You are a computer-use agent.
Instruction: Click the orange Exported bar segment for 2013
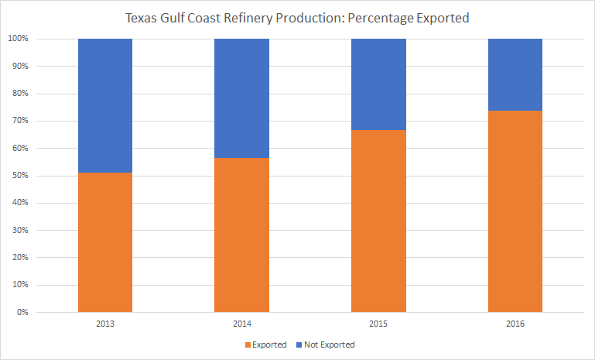105,242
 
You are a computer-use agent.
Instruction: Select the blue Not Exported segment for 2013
105,105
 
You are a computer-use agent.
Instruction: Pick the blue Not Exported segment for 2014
241,98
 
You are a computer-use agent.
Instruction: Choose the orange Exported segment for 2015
378,221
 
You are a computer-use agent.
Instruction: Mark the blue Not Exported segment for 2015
378,84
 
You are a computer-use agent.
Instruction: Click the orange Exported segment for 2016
515,211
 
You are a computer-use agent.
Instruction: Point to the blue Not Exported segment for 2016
515,74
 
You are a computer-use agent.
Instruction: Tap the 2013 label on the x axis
105,324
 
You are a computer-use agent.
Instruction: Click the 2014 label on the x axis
241,324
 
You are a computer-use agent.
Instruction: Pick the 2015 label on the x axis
378,324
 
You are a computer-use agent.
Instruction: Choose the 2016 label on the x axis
515,324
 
